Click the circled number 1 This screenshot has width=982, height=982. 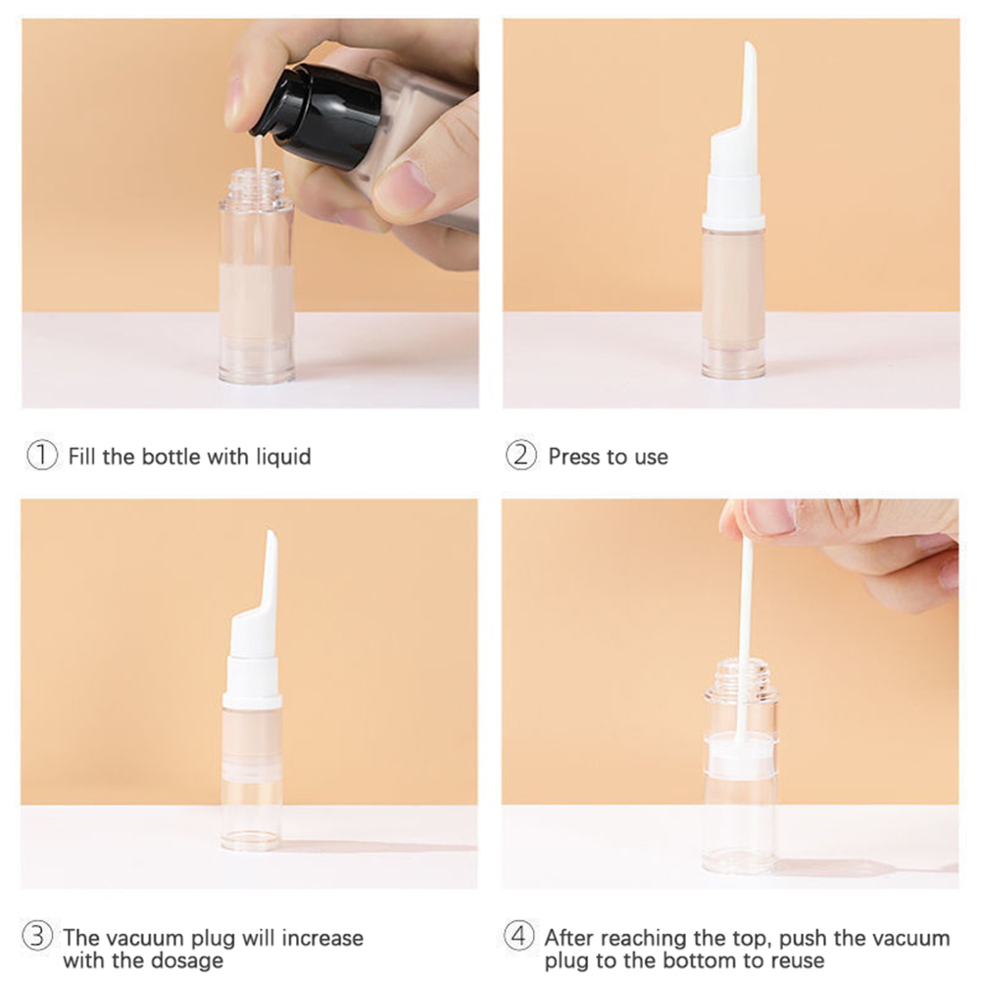coord(42,456)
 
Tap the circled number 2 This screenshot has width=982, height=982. coord(521,456)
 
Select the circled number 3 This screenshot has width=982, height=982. coord(37,936)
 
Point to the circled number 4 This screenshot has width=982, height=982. coord(519,936)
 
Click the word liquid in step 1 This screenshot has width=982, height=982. coord(283,457)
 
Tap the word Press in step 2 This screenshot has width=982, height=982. coord(570,457)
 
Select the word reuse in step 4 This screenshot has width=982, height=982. coord(794,960)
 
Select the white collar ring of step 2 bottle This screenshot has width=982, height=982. coord(733,221)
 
